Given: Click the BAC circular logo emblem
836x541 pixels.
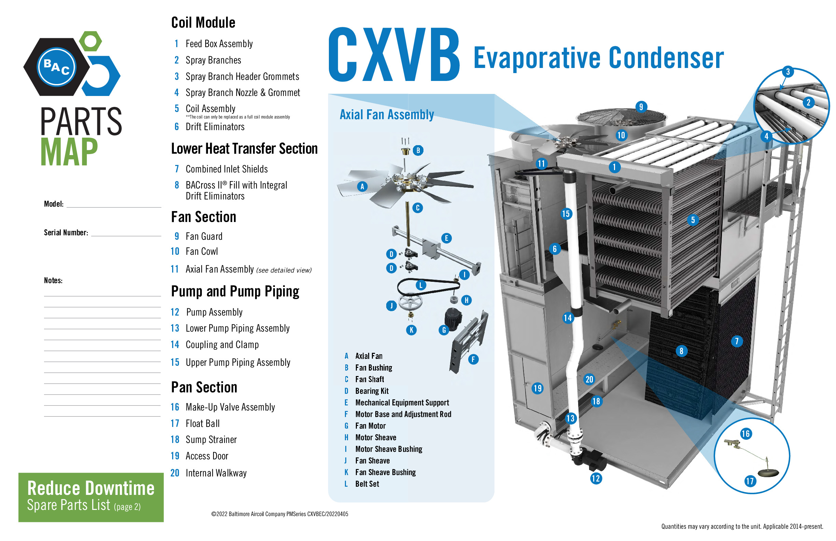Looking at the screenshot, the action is point(57,67).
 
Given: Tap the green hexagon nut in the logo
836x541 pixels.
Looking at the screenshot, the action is point(90,41).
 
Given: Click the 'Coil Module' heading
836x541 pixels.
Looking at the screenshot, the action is point(204,23).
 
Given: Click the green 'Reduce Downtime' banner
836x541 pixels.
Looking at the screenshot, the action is point(91,497).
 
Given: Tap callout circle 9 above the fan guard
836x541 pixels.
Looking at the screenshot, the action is point(641,107).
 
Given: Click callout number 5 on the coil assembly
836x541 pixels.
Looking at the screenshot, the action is point(693,220).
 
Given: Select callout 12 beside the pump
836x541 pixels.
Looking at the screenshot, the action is point(596,478).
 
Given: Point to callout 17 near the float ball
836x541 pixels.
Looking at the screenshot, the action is point(750,481).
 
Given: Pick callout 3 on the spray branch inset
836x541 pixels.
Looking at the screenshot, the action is point(788,72).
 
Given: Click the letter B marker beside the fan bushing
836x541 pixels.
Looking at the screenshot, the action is point(418,150).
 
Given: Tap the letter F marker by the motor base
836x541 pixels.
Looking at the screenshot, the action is point(473,359).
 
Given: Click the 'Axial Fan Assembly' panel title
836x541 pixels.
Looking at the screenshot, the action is point(387,114).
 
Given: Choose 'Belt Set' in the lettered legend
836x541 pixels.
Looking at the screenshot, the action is point(367,484).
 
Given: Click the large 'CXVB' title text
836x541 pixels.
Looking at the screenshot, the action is point(394,54).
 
